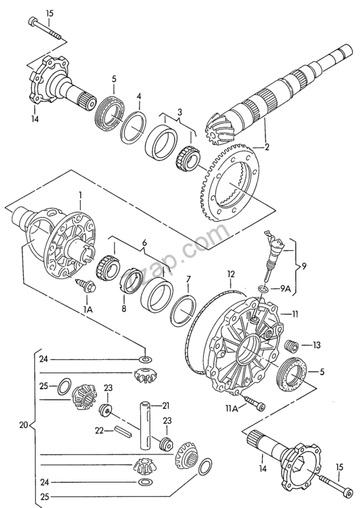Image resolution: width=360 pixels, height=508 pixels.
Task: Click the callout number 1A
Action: [87, 310]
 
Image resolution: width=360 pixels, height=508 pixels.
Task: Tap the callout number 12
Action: [230, 274]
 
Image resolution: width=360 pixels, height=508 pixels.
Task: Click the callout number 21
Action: [166, 405]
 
